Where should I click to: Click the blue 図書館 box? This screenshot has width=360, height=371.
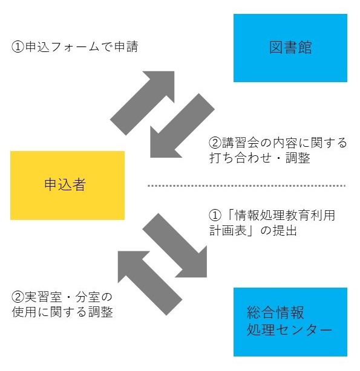point(290,48)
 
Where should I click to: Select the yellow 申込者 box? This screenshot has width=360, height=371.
point(67,185)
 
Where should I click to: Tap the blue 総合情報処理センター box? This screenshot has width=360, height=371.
point(290,322)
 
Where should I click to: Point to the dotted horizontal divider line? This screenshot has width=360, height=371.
point(246,185)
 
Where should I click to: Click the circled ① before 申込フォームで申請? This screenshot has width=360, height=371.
point(18,47)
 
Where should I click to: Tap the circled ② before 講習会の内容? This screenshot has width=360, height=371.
point(215,143)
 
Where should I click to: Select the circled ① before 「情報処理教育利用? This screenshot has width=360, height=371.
point(215,215)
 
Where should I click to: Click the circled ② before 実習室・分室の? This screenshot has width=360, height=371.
point(18,297)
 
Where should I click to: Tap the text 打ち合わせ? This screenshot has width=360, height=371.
point(240,158)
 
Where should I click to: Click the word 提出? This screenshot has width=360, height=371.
point(284,230)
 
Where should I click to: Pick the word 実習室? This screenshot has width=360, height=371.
point(44,297)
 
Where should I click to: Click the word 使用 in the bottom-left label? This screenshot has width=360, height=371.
point(24,312)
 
